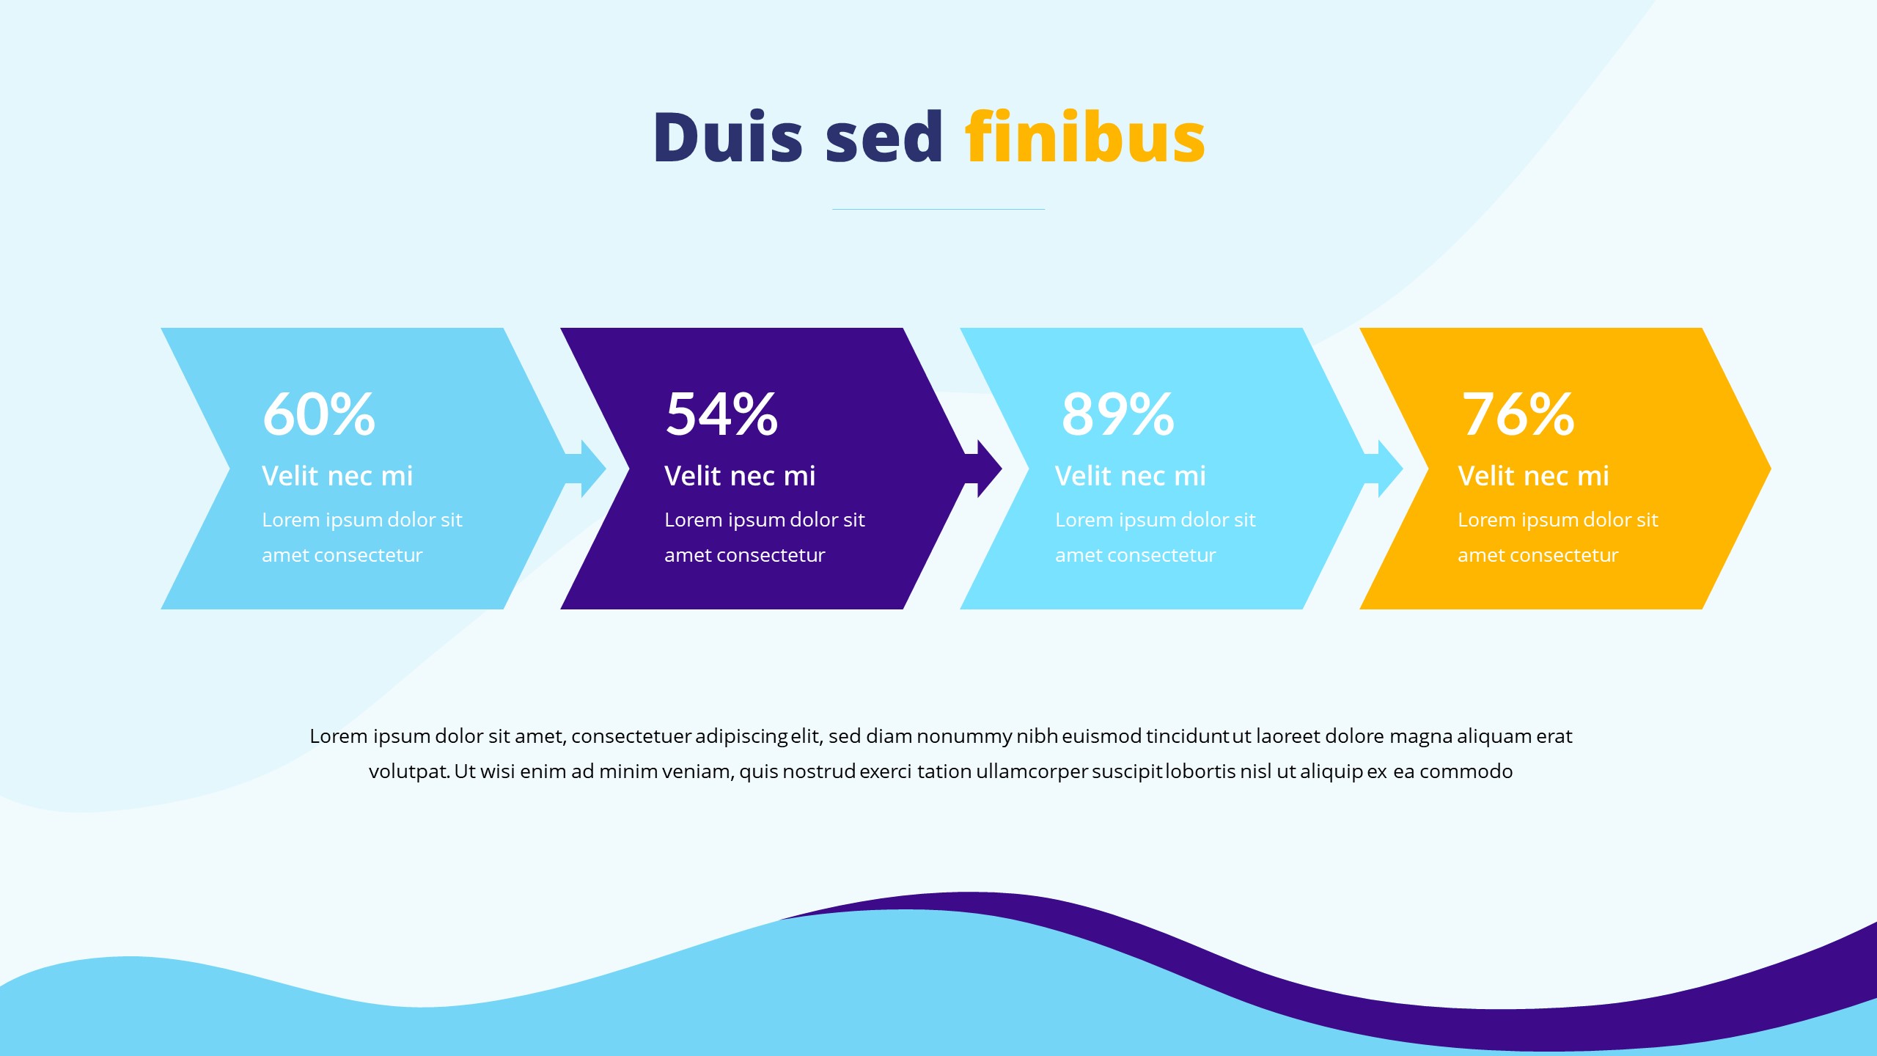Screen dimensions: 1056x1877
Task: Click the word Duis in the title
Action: (727, 138)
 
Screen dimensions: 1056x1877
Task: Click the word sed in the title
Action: (884, 138)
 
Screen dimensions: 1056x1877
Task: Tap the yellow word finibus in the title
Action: (1085, 138)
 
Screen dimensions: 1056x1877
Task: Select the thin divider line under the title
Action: (938, 210)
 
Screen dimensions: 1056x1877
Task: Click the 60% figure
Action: (319, 414)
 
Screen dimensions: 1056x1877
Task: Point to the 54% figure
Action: (721, 414)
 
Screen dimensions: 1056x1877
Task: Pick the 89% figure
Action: (1117, 414)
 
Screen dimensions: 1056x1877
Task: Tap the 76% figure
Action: (1518, 414)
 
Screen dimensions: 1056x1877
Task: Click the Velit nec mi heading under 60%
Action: (337, 476)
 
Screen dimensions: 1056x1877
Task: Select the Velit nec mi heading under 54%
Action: (740, 476)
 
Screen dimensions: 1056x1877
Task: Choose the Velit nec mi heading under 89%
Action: (1131, 476)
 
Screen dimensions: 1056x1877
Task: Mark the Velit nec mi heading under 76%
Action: (1533, 476)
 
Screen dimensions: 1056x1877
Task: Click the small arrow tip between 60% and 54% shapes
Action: (591, 469)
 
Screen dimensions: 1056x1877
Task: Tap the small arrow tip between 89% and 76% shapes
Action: (1387, 469)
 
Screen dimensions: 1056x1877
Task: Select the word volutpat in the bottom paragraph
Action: (408, 772)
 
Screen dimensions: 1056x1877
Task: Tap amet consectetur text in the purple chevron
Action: (744, 555)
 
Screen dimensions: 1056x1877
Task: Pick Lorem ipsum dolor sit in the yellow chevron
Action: (1557, 520)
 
